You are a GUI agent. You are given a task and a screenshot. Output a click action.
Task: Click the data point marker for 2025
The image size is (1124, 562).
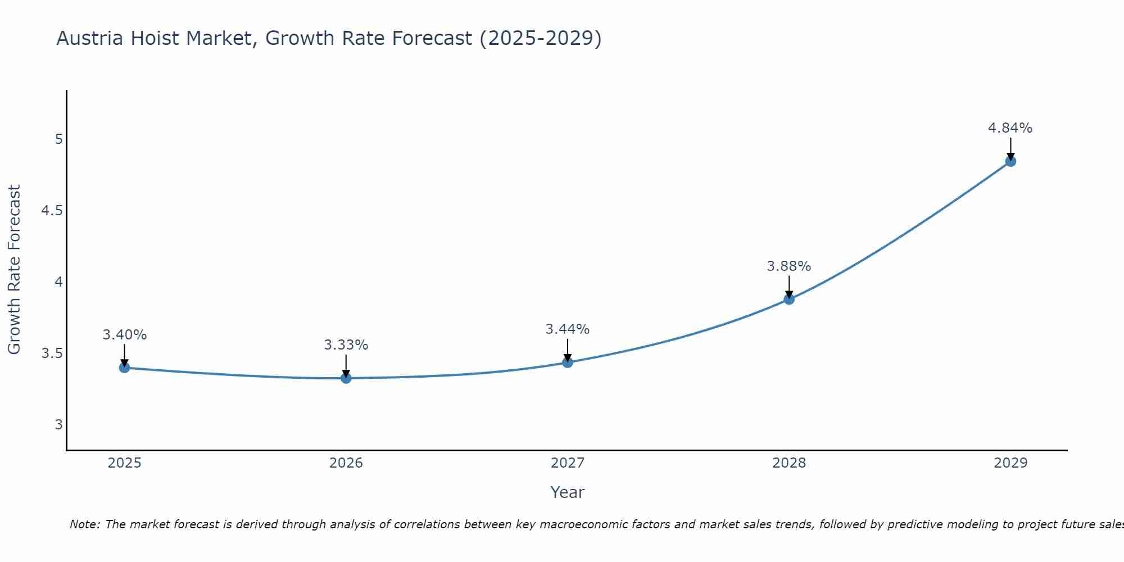[125, 368]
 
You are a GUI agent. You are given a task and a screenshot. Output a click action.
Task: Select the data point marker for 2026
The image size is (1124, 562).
[346, 378]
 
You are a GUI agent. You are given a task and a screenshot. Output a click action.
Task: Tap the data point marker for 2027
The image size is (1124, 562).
[568, 362]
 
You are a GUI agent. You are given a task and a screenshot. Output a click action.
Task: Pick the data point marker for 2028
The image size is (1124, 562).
[789, 299]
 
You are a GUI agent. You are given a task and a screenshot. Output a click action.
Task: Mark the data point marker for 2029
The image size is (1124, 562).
[1010, 161]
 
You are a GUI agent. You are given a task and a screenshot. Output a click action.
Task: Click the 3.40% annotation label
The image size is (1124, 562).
[125, 335]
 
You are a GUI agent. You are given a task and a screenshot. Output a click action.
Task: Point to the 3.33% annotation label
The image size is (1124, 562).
[346, 345]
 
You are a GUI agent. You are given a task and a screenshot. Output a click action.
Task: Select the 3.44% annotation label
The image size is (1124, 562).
[568, 329]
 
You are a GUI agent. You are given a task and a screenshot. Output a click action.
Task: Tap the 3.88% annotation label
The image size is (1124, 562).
[789, 266]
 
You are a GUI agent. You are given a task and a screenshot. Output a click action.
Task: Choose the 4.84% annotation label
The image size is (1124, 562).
[1010, 128]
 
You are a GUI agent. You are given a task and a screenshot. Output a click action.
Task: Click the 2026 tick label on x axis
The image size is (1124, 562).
[346, 463]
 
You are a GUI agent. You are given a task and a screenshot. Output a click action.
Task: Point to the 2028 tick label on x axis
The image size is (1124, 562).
[789, 463]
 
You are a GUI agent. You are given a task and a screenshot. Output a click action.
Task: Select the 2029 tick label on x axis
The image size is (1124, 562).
[1010, 463]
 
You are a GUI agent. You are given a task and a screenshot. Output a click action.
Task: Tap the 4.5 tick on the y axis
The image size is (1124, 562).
[52, 211]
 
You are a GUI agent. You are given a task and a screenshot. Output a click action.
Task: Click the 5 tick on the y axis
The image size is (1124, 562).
[58, 139]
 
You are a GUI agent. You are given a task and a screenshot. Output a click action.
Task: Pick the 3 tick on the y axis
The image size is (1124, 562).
[58, 424]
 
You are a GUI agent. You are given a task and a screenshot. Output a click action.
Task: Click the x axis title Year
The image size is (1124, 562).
[568, 492]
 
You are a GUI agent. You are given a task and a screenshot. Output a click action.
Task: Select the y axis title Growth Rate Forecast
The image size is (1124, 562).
[14, 270]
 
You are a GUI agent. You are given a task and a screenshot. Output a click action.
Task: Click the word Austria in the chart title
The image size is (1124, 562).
[90, 38]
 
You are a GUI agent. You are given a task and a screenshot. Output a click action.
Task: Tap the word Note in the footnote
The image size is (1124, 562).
[84, 524]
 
